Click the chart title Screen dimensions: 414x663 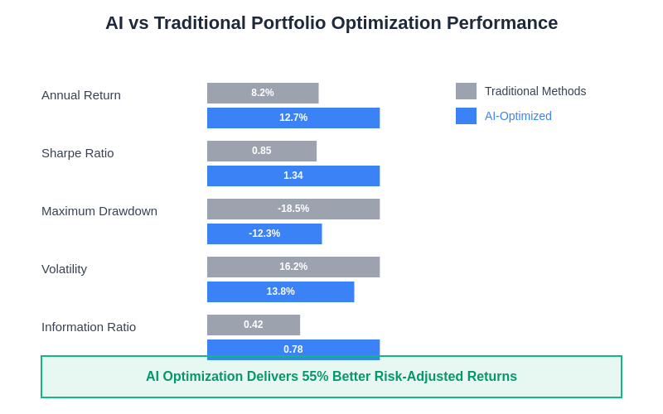(x=331, y=23)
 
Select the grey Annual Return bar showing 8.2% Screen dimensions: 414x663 (x=263, y=93)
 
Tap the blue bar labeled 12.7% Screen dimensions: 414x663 (x=293, y=118)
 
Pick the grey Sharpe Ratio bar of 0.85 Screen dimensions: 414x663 (x=262, y=151)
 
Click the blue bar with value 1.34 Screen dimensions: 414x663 (x=293, y=176)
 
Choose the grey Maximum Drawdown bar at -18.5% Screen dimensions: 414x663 (x=293, y=209)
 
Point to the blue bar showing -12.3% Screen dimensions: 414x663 (x=264, y=233)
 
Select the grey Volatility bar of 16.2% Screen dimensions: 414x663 (x=293, y=267)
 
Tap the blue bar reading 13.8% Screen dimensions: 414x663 (x=280, y=291)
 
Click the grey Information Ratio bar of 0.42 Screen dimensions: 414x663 (x=254, y=325)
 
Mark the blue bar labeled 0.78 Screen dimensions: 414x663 (x=293, y=348)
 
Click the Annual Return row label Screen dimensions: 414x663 (x=81, y=95)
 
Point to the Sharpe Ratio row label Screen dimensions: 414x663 (x=78, y=153)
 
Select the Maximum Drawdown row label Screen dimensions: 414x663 (x=99, y=211)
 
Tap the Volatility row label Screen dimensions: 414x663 (x=65, y=269)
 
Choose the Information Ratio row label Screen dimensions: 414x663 (x=89, y=327)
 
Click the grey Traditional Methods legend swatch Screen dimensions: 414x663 (x=466, y=91)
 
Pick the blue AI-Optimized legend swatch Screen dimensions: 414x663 (x=466, y=116)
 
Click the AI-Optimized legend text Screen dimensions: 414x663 (x=518, y=116)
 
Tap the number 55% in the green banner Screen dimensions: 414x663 (x=315, y=377)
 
